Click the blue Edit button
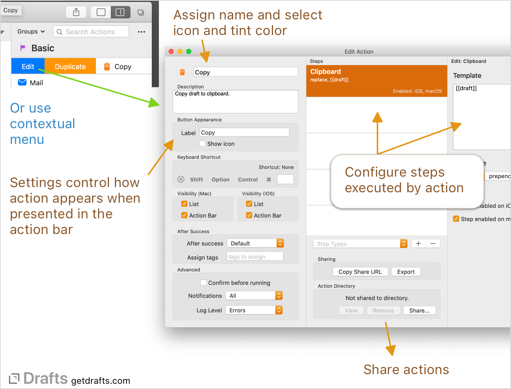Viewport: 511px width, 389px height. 28,66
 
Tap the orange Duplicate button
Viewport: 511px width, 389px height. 70,66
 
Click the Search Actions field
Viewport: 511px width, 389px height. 91,32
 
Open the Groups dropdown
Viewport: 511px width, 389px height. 31,32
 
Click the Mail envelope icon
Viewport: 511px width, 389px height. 22,82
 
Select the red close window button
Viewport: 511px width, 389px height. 171,51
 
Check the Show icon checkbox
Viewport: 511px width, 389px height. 203,143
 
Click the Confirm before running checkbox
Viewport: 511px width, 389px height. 204,282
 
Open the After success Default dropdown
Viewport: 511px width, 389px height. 255,243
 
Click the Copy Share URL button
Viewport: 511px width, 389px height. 360,272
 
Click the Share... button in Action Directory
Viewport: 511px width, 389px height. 419,310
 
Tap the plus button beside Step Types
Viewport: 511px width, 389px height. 418,243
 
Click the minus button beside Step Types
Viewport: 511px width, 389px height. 433,243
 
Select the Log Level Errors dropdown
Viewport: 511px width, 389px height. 254,310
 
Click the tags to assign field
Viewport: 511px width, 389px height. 255,256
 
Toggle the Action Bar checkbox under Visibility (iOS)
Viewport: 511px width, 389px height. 249,215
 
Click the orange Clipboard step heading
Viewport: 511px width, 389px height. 326,72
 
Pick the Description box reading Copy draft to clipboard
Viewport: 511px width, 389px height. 235,101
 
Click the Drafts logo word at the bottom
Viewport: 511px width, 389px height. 46,378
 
